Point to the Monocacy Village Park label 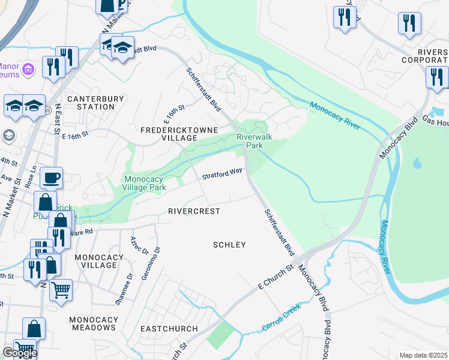145,183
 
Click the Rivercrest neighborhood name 194,212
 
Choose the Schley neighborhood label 230,245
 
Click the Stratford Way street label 222,174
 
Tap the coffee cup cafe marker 51,178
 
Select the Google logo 20,353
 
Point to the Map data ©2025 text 423,355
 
